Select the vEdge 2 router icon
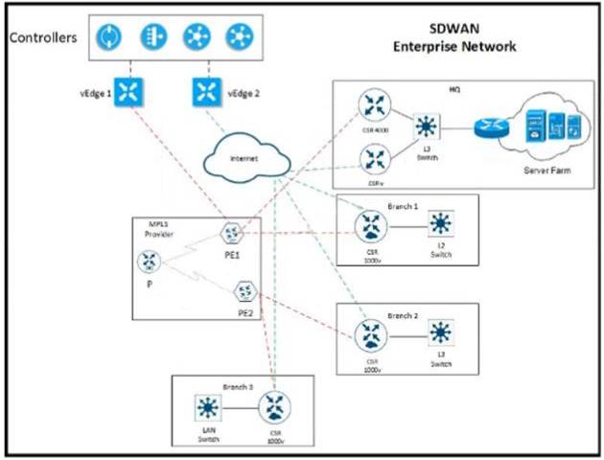[x=205, y=92]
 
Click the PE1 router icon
[x=231, y=233]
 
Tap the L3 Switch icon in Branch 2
[x=440, y=333]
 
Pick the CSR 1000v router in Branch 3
[x=277, y=406]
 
